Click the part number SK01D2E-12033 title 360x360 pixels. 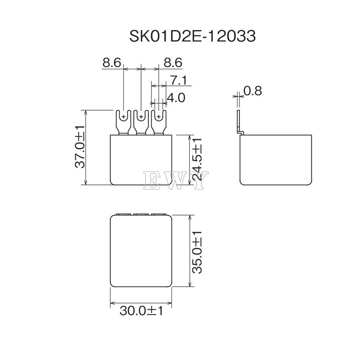(x=193, y=36)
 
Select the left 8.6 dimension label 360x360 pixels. (x=112, y=62)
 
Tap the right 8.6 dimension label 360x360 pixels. (x=173, y=62)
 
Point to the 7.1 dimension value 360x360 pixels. (x=179, y=80)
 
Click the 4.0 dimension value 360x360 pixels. (x=176, y=98)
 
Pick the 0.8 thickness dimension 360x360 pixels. (x=252, y=91)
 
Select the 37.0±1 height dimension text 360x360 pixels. (x=81, y=147)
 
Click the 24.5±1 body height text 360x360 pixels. (x=197, y=159)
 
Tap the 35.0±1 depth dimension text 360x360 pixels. (x=197, y=252)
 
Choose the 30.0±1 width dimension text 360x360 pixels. (x=141, y=311)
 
